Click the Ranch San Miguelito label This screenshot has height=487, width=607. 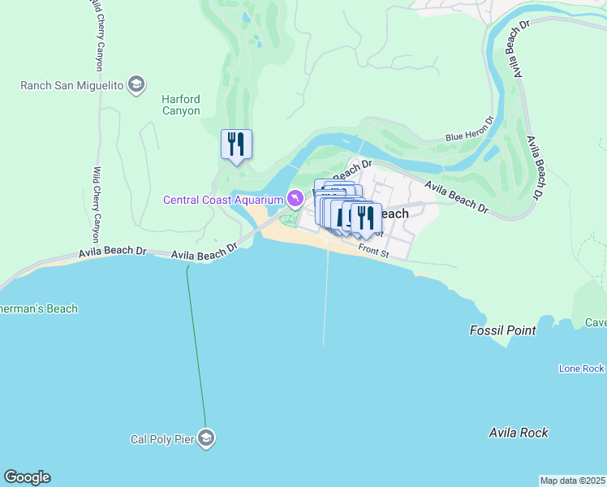point(72,84)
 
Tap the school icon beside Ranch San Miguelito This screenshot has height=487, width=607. point(136,84)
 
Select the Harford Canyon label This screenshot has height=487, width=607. point(180,105)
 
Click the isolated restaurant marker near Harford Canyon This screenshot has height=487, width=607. point(236,144)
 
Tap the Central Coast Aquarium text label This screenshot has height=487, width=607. point(223,200)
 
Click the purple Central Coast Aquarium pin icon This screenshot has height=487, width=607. point(295,198)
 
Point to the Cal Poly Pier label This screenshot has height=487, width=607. point(162,439)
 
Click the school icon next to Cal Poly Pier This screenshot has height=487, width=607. point(206,438)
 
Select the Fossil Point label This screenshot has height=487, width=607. point(502,330)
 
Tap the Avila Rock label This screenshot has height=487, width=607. point(518,433)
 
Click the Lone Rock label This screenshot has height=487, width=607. point(581,368)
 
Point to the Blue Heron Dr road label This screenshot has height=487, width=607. point(469,132)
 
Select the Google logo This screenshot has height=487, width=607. point(27,477)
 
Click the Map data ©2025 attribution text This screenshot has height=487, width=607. point(572,481)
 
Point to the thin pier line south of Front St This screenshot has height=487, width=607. point(326,300)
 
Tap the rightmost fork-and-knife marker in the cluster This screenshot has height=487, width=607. point(366,218)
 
